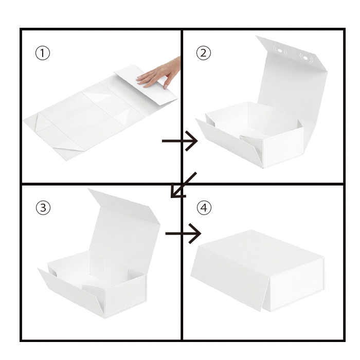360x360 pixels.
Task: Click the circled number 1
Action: [x=43, y=53]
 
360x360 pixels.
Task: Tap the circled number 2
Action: [x=204, y=53]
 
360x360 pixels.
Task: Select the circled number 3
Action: [x=43, y=208]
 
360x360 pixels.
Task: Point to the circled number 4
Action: [x=204, y=208]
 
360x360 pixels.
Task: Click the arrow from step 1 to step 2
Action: [x=180, y=141]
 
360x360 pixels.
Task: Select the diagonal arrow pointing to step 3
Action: [x=184, y=185]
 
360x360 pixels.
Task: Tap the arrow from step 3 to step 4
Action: [x=183, y=233]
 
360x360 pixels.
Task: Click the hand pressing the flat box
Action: [x=159, y=73]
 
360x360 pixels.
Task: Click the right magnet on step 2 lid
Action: [x=306, y=58]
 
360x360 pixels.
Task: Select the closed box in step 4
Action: [x=258, y=271]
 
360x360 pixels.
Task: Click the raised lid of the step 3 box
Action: [x=125, y=229]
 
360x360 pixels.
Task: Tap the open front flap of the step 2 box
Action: [x=229, y=142]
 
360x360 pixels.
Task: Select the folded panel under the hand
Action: [x=146, y=84]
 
